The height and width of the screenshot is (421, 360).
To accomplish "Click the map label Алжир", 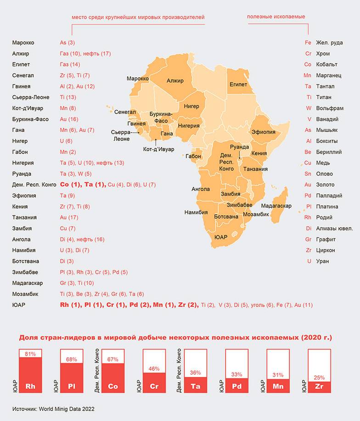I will click(175, 81).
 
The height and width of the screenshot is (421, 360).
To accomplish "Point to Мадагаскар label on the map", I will click(276, 206).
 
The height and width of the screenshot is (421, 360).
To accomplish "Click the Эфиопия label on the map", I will click(264, 132).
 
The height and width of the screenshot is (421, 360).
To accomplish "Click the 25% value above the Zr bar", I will click(319, 377).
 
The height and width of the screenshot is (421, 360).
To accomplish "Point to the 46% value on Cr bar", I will click(154, 369).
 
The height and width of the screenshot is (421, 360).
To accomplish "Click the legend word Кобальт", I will click(326, 64).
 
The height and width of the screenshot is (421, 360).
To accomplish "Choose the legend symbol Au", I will click(308, 185).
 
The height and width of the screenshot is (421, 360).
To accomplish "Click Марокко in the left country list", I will click(23, 43).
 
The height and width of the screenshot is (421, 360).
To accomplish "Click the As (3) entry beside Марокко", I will click(67, 43).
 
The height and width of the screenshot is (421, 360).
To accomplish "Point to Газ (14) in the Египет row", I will click(70, 64).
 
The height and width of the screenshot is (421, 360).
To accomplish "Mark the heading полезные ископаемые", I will click(276, 17).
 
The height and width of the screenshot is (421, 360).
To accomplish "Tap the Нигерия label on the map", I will click(189, 126).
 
